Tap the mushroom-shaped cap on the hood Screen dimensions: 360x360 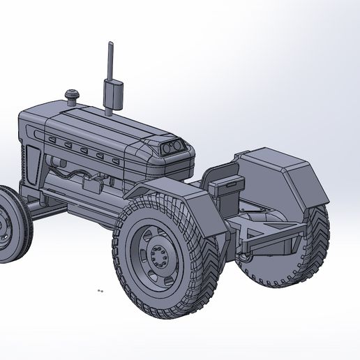click(x=72, y=94)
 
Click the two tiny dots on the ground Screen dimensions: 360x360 click(x=100, y=290)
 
